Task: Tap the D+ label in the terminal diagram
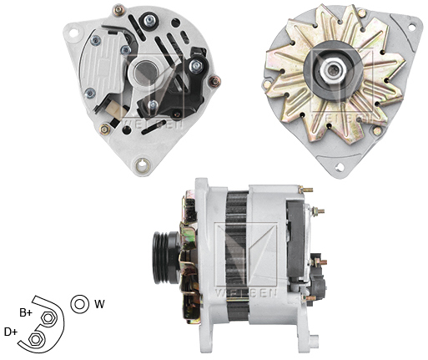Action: (11, 332)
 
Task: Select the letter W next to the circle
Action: (99, 304)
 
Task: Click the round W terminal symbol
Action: (80, 303)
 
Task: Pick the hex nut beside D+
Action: (38, 339)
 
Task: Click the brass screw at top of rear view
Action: (118, 12)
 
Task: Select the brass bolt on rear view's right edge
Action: (214, 81)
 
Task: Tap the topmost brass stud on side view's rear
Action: (308, 190)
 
